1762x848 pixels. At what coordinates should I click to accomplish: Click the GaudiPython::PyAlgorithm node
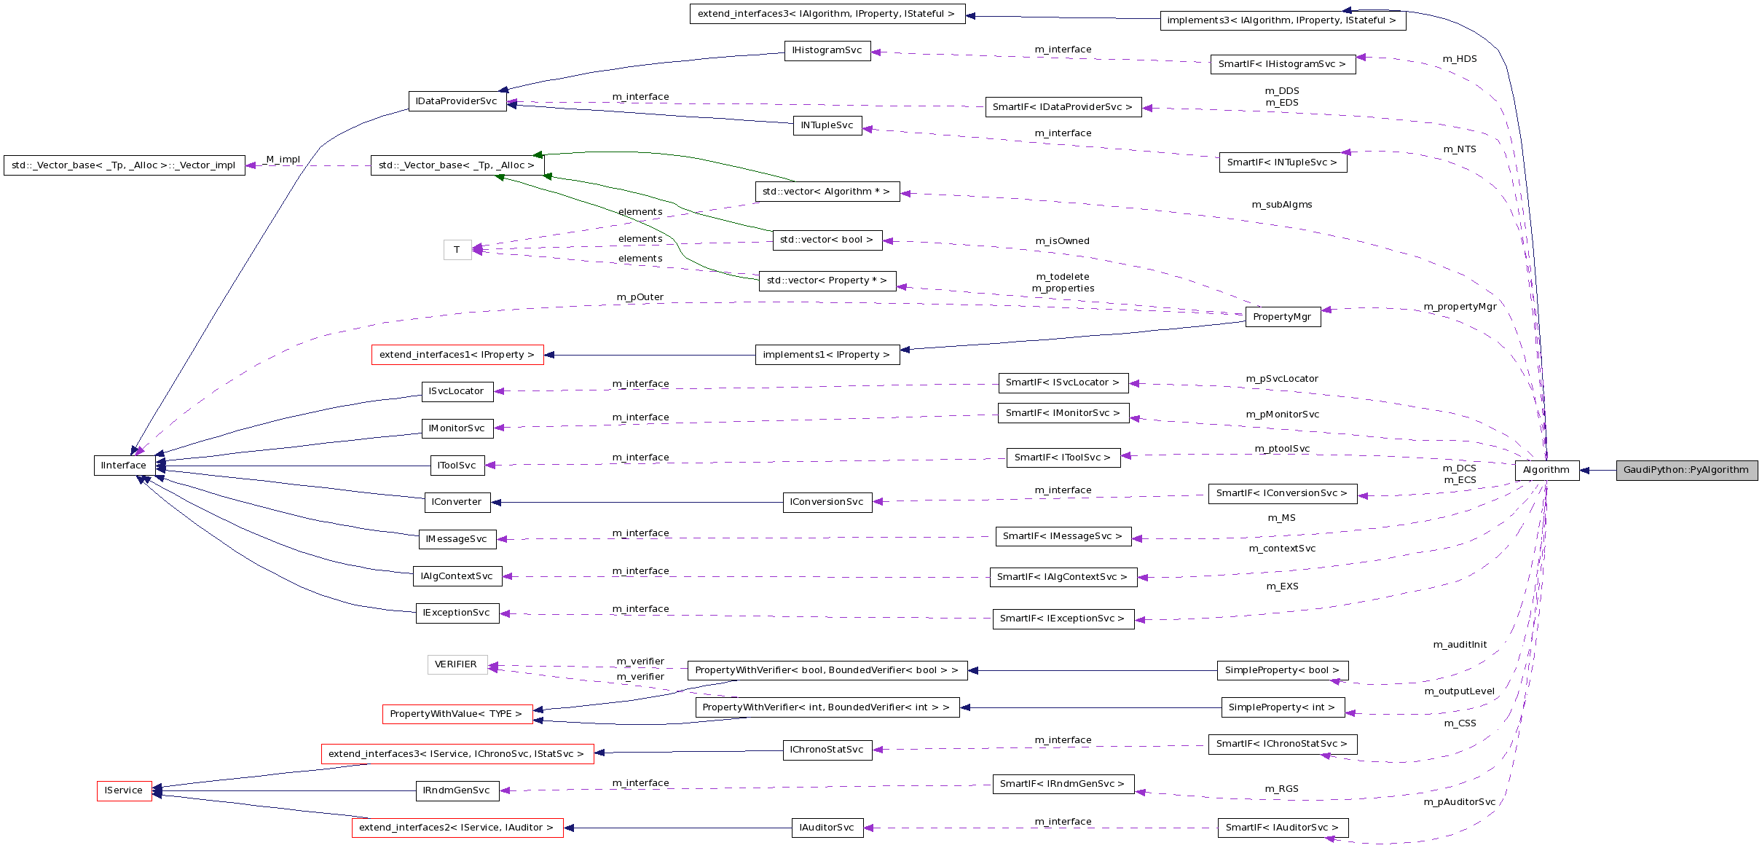(x=1686, y=470)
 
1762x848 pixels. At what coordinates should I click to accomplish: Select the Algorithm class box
(x=1546, y=470)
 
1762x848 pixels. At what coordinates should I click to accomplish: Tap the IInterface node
(x=124, y=466)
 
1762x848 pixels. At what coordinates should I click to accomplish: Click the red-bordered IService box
(x=124, y=790)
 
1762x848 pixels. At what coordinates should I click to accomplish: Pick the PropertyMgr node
(x=1282, y=317)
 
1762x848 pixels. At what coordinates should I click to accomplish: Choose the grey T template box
(x=457, y=250)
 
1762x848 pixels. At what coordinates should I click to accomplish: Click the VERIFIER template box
(x=456, y=664)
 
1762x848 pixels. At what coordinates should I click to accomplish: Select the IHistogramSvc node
(x=827, y=50)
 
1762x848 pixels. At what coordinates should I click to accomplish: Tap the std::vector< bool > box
(x=827, y=240)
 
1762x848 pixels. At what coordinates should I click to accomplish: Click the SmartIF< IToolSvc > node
(x=1063, y=458)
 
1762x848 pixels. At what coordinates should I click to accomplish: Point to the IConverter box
(x=457, y=502)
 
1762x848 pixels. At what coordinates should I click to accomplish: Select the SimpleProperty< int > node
(x=1282, y=707)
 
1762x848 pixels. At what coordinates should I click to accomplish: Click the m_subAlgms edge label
(x=1282, y=205)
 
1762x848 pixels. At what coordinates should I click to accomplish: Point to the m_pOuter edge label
(x=640, y=297)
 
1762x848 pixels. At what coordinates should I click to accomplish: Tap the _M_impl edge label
(x=283, y=160)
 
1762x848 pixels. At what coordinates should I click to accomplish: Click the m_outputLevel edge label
(x=1460, y=691)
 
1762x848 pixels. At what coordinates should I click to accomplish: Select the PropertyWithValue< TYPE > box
(x=456, y=714)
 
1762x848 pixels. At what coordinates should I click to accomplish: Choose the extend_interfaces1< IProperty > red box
(x=457, y=355)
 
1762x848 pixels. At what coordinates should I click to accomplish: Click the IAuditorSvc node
(x=827, y=828)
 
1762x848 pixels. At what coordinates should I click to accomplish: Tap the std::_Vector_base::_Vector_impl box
(x=124, y=165)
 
